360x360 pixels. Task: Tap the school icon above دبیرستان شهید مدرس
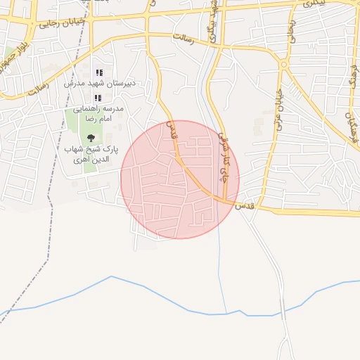(x=99, y=72)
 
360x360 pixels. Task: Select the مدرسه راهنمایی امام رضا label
(x=104, y=115)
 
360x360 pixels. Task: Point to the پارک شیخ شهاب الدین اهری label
(x=93, y=155)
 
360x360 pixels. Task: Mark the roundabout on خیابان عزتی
(x=283, y=64)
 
